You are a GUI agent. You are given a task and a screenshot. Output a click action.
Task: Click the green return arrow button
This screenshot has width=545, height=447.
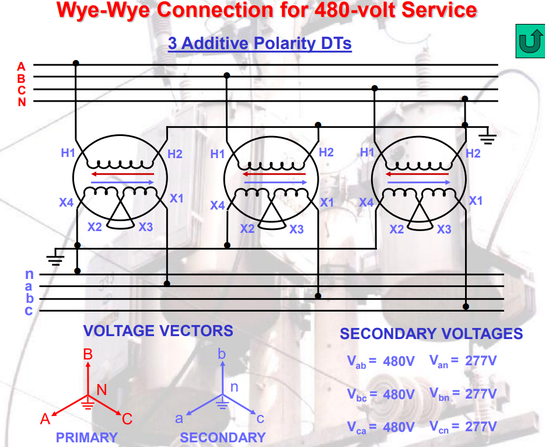point(529,41)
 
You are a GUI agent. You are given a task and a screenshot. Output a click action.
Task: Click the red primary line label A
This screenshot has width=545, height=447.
point(22,66)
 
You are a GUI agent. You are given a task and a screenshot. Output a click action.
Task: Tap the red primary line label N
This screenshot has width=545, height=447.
point(22,102)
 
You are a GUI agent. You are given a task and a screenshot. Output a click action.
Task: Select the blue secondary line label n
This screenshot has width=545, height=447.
point(29,274)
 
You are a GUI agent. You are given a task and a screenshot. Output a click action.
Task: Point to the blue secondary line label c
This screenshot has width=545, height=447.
point(29,310)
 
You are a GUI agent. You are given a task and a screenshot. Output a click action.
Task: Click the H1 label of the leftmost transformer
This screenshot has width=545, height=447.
point(68,153)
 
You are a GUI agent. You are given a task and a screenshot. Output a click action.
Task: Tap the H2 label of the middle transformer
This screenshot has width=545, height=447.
point(326,152)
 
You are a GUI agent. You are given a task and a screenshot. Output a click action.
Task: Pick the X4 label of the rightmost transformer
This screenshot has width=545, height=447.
point(366,202)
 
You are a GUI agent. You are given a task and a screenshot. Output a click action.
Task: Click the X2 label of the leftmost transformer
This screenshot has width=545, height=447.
point(95,226)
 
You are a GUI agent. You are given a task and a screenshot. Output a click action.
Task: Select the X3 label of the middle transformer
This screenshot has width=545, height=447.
point(296,229)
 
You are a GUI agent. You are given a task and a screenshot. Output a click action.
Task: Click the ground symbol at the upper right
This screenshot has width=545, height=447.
point(488,138)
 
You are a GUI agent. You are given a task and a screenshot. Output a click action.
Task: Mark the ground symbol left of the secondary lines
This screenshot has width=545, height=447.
point(55,258)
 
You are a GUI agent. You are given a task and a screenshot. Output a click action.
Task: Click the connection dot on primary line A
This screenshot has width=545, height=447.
point(75,63)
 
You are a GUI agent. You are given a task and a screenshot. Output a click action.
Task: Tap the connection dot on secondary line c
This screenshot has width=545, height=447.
point(466,306)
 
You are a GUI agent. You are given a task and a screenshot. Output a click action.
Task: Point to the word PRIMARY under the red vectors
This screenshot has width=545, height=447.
point(86,437)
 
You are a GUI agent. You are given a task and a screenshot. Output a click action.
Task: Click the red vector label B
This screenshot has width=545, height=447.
point(88,354)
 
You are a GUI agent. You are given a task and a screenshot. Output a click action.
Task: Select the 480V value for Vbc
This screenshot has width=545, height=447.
point(399,394)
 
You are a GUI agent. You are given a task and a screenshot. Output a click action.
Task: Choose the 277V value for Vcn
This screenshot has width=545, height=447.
point(481,427)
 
